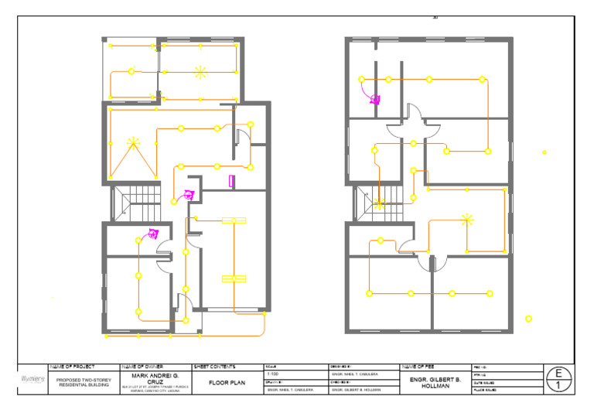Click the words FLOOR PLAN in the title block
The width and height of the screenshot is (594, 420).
click(x=227, y=382)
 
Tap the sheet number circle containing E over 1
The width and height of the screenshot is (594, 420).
click(x=558, y=379)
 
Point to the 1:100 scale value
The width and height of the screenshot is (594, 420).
click(x=272, y=374)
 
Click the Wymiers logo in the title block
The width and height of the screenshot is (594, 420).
click(x=32, y=380)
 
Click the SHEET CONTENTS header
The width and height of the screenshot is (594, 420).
click(x=214, y=367)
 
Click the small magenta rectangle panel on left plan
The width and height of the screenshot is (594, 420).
click(x=232, y=181)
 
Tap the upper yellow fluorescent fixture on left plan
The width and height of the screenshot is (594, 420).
click(x=234, y=221)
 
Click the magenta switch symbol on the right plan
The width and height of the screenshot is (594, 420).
click(x=375, y=99)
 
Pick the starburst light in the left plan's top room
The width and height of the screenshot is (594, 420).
click(x=200, y=73)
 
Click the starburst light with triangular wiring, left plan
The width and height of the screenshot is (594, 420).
click(x=133, y=142)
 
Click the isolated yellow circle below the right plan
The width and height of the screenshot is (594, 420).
click(x=528, y=319)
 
